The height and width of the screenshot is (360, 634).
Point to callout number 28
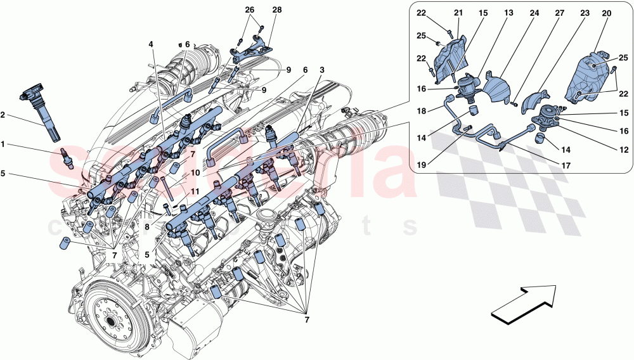(x=276, y=10)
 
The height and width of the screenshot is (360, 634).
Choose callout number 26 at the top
(x=249, y=10)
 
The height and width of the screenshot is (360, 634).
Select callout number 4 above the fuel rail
(x=151, y=44)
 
